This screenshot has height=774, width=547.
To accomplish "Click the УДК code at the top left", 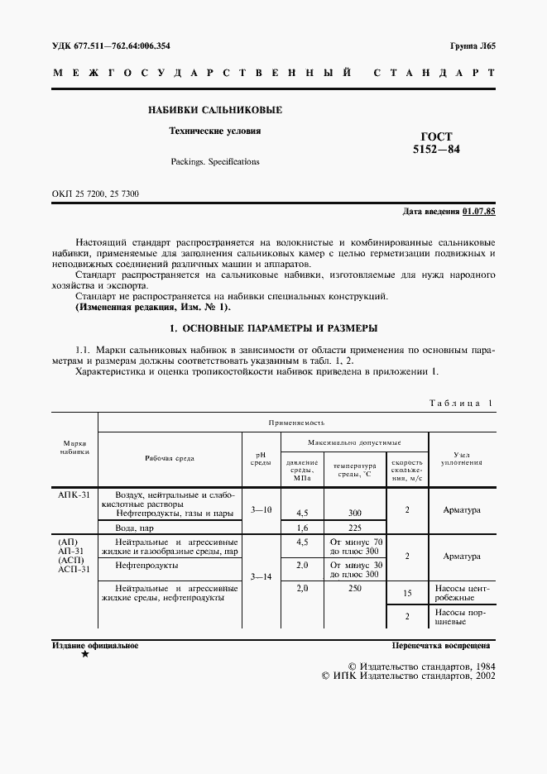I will (117, 45).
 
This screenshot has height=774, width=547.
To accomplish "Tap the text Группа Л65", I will (472, 45).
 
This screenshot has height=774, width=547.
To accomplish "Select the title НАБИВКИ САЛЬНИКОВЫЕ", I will (214, 110).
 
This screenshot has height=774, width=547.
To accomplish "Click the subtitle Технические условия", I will (214, 131).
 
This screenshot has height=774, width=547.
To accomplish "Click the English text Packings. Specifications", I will (214, 161).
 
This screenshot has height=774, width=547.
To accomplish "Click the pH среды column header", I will (261, 459).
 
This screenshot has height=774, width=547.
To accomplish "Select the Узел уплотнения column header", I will (462, 459).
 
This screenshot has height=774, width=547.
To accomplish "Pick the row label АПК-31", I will (74, 493).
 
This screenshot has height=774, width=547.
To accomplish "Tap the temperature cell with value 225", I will (355, 527).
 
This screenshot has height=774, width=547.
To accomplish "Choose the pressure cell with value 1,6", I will (302, 527).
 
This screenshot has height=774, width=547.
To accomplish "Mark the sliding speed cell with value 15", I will (407, 593).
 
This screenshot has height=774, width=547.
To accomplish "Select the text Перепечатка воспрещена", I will (442, 644).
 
